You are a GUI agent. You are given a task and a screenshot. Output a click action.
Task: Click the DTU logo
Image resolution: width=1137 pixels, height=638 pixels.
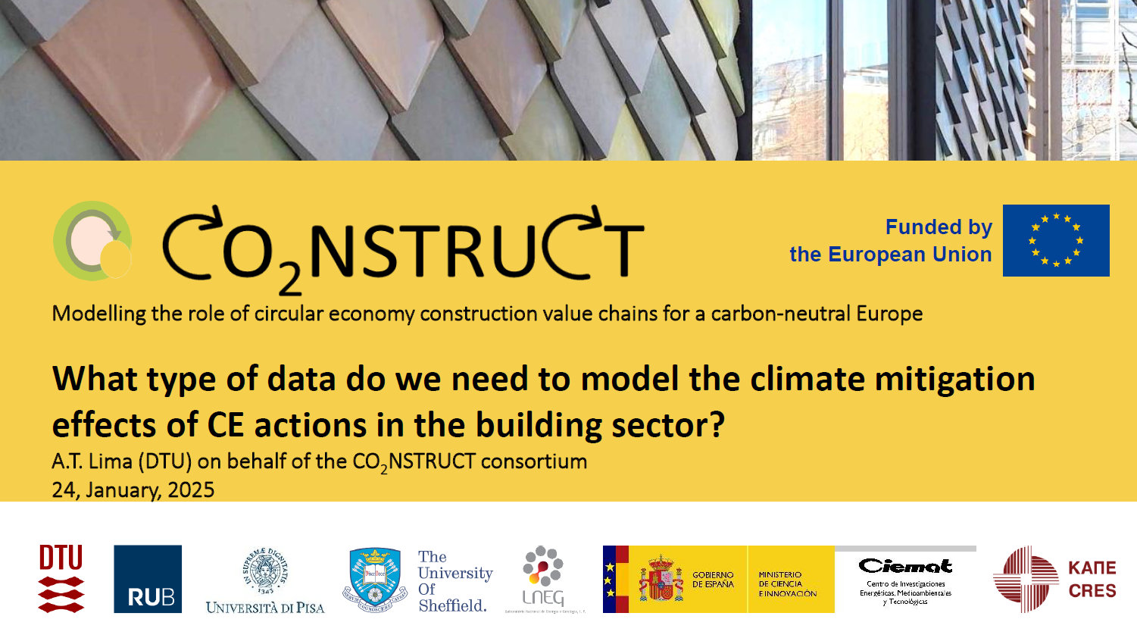pyautogui.click(x=61, y=578)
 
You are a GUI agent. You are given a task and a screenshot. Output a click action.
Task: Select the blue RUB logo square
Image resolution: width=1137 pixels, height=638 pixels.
pyautogui.click(x=148, y=579)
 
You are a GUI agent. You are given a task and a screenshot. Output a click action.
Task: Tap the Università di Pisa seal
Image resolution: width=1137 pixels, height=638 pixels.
pyautogui.click(x=264, y=571)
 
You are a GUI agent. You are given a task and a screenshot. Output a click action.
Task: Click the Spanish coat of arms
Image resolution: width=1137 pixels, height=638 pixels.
pyautogui.click(x=661, y=580)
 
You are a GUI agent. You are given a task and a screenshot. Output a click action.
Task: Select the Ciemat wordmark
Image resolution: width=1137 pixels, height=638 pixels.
pyautogui.click(x=905, y=566)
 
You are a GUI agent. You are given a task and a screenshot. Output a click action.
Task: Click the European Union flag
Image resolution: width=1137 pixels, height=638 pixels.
pyautogui.click(x=1056, y=240)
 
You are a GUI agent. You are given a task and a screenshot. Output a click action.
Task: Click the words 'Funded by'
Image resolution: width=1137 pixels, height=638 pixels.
pyautogui.click(x=939, y=227)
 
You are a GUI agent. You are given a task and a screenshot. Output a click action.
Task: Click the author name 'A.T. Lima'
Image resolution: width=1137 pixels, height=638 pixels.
pyautogui.click(x=92, y=461)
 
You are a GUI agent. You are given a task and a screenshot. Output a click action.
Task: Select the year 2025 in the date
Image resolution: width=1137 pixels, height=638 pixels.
pyautogui.click(x=191, y=490)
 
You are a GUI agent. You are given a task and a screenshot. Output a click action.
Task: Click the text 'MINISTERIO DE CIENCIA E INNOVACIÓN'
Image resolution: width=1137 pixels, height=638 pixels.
pyautogui.click(x=787, y=584)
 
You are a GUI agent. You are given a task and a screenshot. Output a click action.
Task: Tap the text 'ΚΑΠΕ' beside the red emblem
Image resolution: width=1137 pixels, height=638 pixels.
pyautogui.click(x=1092, y=568)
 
